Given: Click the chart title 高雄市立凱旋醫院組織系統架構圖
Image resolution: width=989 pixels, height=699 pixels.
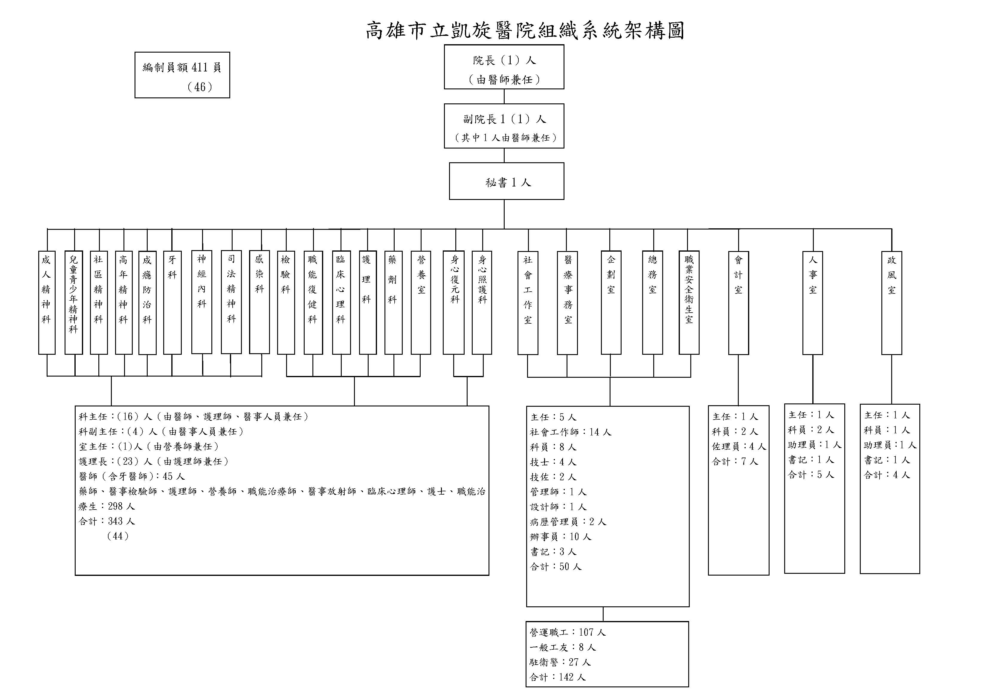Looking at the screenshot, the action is (x=525, y=30).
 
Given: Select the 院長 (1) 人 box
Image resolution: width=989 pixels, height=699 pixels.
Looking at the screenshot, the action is (x=504, y=67).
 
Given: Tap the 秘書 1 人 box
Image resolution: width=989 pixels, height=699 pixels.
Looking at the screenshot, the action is (x=506, y=181).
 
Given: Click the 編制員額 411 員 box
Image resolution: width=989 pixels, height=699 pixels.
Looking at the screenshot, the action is (x=182, y=75).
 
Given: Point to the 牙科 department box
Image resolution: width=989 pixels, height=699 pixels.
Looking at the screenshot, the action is (x=172, y=302).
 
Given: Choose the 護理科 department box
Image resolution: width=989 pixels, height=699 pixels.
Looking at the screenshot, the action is (x=368, y=302).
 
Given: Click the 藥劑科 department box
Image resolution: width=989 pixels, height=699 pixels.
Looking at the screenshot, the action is (x=393, y=302).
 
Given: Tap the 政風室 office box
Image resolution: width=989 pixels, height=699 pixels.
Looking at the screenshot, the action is (x=892, y=303).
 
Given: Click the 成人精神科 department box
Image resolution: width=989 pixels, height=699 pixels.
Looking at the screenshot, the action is (x=47, y=302).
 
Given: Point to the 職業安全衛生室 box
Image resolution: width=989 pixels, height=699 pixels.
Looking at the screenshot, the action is (x=689, y=302).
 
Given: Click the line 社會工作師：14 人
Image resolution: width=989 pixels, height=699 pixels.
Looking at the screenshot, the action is (x=571, y=432).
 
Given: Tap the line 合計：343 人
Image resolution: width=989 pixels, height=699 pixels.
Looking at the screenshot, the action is (x=107, y=521).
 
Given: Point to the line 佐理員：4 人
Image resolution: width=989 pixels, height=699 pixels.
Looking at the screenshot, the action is (x=739, y=446).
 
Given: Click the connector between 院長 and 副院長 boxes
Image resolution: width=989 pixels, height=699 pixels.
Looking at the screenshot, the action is (x=504, y=97).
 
